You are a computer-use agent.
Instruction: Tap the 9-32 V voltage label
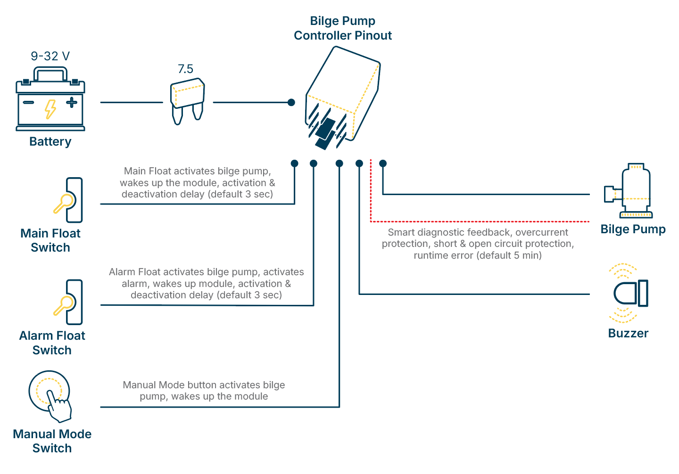click(50, 56)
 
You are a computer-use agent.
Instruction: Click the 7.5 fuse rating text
click(185, 69)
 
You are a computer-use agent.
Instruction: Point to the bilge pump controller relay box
click(343, 97)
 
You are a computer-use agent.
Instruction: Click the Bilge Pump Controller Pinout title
click(343, 28)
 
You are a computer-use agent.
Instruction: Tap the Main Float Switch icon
click(69, 200)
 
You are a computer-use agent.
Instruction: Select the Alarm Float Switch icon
click(69, 302)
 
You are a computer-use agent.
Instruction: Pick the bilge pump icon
click(629, 191)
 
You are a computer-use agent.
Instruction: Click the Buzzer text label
click(628, 333)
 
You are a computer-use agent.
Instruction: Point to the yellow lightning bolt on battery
click(50, 109)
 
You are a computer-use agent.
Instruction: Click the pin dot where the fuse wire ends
click(291, 102)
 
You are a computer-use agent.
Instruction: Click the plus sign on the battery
click(71, 102)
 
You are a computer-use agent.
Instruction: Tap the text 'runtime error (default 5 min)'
click(478, 255)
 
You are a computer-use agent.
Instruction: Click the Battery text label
click(50, 141)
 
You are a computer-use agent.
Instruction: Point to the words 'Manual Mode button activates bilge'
click(204, 385)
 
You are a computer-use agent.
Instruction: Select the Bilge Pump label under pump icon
click(633, 229)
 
